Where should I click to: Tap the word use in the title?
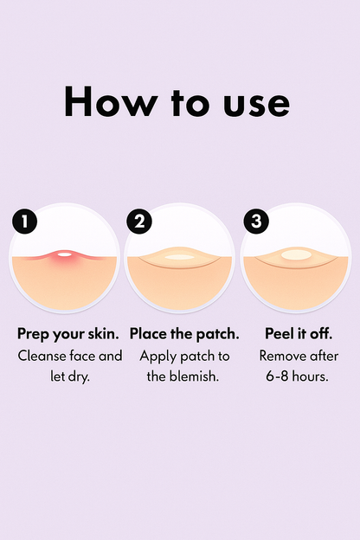pyautogui.click(x=257, y=104)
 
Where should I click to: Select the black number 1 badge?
pyautogui.click(x=24, y=222)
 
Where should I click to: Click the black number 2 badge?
pyautogui.click(x=139, y=222)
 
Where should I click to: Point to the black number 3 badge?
pyautogui.click(x=256, y=222)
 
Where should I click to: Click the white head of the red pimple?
pyautogui.click(x=64, y=254)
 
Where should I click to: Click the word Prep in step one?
pyautogui.click(x=34, y=334)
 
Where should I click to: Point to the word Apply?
pyautogui.click(x=157, y=357)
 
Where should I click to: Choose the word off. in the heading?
pyautogui.click(x=321, y=333)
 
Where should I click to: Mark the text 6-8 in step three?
pyautogui.click(x=277, y=376)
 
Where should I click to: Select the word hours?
pyautogui.click(x=311, y=376)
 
